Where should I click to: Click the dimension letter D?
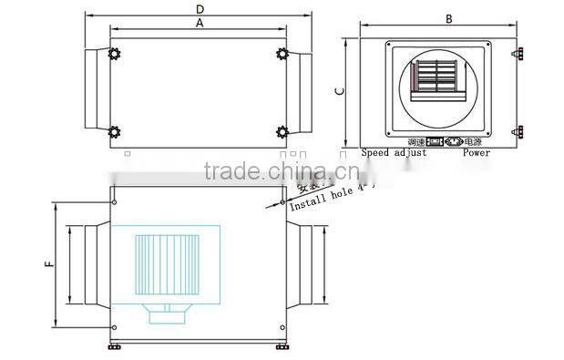[200, 9]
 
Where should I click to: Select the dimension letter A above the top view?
[200, 25]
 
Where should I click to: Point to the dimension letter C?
[339, 90]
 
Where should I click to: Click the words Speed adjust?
[394, 153]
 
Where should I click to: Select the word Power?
[476, 153]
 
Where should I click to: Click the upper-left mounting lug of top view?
[114, 54]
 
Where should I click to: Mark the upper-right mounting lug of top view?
[282, 54]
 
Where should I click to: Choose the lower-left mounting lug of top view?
[114, 132]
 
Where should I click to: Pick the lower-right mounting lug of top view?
[282, 132]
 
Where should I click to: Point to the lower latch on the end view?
[518, 132]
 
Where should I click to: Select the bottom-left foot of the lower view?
[114, 345]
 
